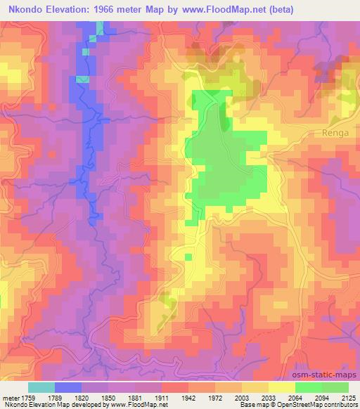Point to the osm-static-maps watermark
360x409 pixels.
click(330, 375)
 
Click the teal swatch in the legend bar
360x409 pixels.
click(41, 387)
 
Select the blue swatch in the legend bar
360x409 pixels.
click(68, 387)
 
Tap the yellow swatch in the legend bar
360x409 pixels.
click(281, 387)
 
